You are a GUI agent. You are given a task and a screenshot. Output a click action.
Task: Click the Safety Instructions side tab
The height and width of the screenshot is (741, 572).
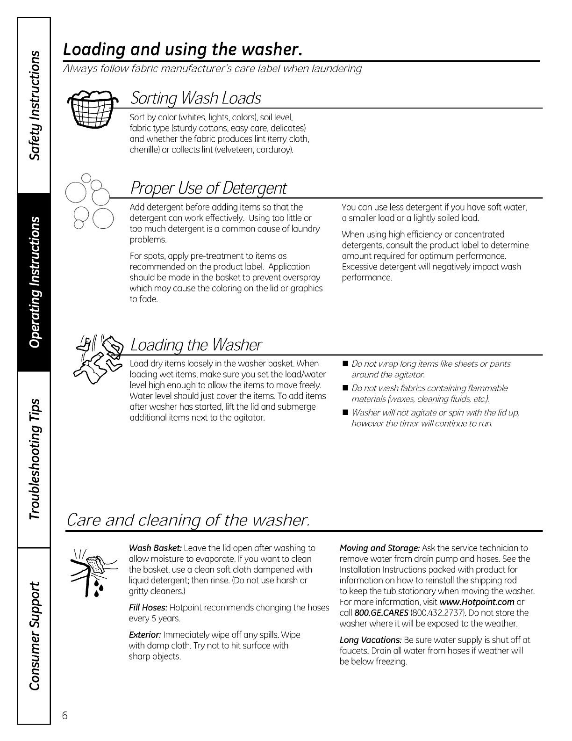(34, 105)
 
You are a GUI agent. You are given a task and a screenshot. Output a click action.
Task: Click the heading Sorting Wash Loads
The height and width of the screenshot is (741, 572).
(196, 98)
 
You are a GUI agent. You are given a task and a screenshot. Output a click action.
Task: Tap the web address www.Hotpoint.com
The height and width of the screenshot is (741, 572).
(477, 602)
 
